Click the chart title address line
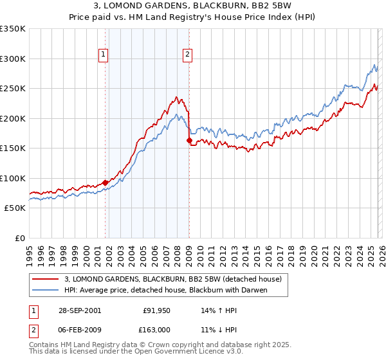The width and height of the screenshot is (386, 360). click(x=193, y=6)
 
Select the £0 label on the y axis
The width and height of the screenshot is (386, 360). click(x=19, y=239)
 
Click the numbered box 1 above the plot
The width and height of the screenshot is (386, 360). click(x=104, y=55)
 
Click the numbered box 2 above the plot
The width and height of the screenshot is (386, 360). click(x=187, y=55)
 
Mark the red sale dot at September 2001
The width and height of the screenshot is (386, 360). click(x=106, y=183)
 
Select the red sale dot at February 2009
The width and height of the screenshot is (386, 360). click(x=189, y=141)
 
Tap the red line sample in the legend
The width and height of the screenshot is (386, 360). click(x=46, y=279)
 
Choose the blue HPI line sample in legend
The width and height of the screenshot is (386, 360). click(x=46, y=290)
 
